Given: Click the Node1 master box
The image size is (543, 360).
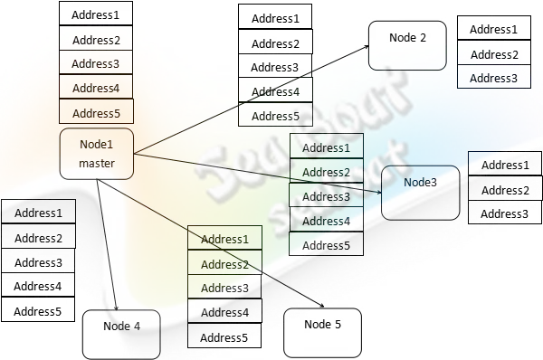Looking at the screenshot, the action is tap(96, 153).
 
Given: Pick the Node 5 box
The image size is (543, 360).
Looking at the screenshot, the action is tap(322, 331).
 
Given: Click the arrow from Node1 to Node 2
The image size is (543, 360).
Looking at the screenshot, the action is tap(253, 97).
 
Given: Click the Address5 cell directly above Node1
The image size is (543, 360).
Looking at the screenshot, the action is tap(96, 112).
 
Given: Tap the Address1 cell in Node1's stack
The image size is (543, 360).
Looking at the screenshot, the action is tap(96, 15).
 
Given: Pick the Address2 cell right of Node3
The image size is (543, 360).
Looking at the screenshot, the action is tap(505, 190).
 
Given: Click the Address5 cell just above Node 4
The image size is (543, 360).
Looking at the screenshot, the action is tap(39, 311).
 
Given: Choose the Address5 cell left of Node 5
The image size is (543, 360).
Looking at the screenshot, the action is tap(224, 337).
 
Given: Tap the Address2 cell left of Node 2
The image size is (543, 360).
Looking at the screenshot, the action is tap(275, 43).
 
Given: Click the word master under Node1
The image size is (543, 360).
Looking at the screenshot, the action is tap(96, 163).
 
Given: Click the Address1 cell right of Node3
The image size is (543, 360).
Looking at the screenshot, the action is tap(505, 165).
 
